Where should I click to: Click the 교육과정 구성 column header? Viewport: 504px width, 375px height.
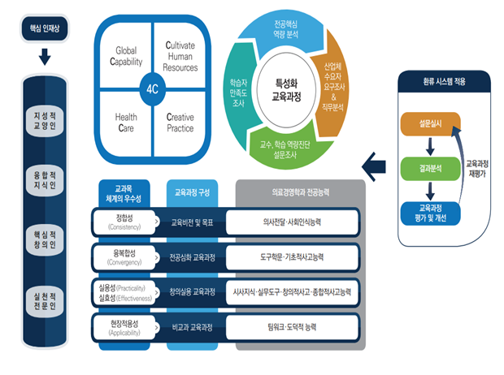point(192,193)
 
